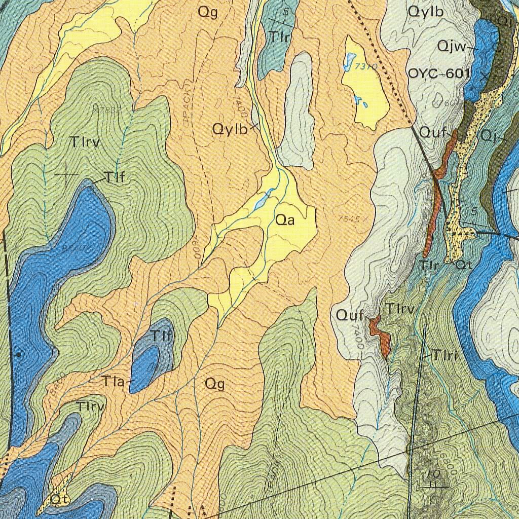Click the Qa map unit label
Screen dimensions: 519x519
tap(285, 220)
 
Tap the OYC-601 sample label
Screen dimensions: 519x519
tap(439, 73)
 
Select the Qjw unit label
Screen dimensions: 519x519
tap(452, 47)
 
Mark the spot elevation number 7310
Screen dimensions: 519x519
tap(366, 66)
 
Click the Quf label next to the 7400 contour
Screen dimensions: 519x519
tap(350, 315)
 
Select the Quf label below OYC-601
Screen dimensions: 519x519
tap(433, 133)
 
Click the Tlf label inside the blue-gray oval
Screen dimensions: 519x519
tap(162, 335)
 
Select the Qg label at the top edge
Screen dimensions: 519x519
tap(208, 13)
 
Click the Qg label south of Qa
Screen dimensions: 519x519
tap(214, 384)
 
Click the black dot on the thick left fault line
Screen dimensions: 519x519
tap(19, 354)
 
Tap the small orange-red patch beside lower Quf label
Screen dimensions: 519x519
tap(380, 335)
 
